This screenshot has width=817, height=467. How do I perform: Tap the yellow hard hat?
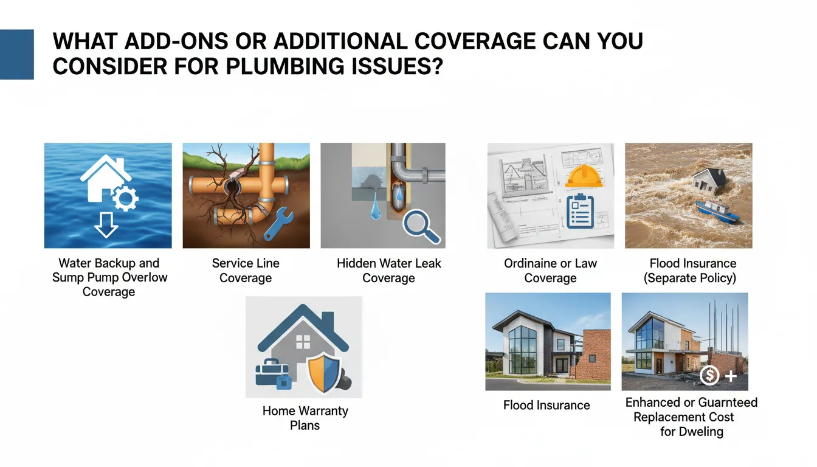tap(584, 175)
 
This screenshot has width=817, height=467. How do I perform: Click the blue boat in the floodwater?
tap(718, 209)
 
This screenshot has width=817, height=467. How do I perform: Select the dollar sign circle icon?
tap(710, 376)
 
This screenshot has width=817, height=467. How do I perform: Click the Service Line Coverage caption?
tap(246, 271)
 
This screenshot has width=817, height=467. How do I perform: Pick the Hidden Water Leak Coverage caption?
tap(389, 271)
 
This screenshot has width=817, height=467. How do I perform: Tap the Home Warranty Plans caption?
tap(305, 418)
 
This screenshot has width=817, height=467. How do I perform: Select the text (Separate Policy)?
tap(692, 278)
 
